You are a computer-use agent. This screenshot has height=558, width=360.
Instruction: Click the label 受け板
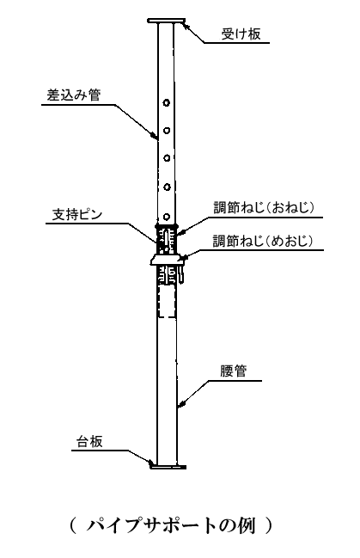pyautogui.click(x=241, y=34)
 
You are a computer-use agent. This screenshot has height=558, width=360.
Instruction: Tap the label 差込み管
pyautogui.click(x=74, y=95)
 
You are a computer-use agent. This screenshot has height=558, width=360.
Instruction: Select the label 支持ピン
pyautogui.click(x=77, y=215)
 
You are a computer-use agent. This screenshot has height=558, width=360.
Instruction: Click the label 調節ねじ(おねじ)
pyautogui.click(x=264, y=207)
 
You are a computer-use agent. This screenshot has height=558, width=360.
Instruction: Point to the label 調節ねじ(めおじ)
pyautogui.click(x=263, y=241)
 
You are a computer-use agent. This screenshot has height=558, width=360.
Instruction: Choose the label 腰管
pyautogui.click(x=234, y=371)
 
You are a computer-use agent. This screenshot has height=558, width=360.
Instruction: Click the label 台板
pyautogui.click(x=89, y=442)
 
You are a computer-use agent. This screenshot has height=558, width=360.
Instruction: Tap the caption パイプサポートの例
pyautogui.click(x=171, y=525)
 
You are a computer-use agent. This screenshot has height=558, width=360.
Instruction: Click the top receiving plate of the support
pyautogui.click(x=166, y=21)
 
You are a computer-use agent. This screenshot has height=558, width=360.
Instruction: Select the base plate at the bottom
pyautogui.click(x=168, y=466)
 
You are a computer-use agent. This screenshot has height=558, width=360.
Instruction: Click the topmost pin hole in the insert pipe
pyautogui.click(x=166, y=103)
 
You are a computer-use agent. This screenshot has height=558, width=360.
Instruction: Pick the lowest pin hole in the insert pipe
pyautogui.click(x=166, y=217)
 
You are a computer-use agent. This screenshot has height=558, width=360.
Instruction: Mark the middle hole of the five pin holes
pyautogui.click(x=166, y=157)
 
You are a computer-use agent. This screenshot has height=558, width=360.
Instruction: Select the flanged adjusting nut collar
pyautogui.click(x=168, y=261)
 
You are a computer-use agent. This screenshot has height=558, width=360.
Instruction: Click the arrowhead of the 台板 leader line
pyautogui.click(x=149, y=463)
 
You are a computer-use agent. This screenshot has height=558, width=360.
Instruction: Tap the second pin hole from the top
pyautogui.click(x=166, y=131)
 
